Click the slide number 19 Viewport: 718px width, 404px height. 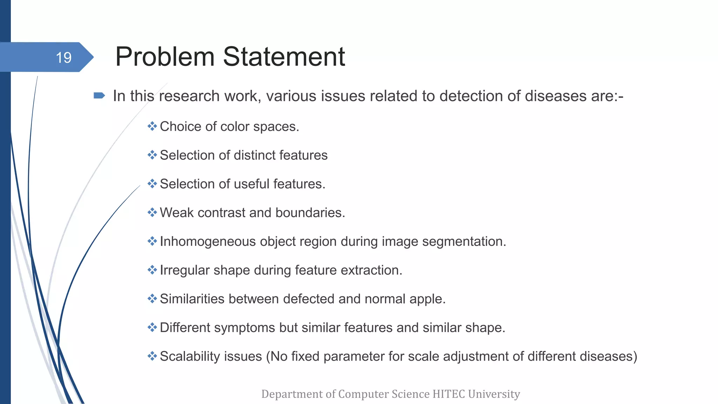(63, 58)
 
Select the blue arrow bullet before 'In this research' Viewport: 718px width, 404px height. (99, 95)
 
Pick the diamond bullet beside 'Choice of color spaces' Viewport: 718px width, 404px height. (152, 126)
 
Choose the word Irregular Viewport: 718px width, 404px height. (185, 270)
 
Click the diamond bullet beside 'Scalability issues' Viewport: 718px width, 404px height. (152, 356)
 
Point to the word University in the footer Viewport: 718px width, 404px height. (494, 394)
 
